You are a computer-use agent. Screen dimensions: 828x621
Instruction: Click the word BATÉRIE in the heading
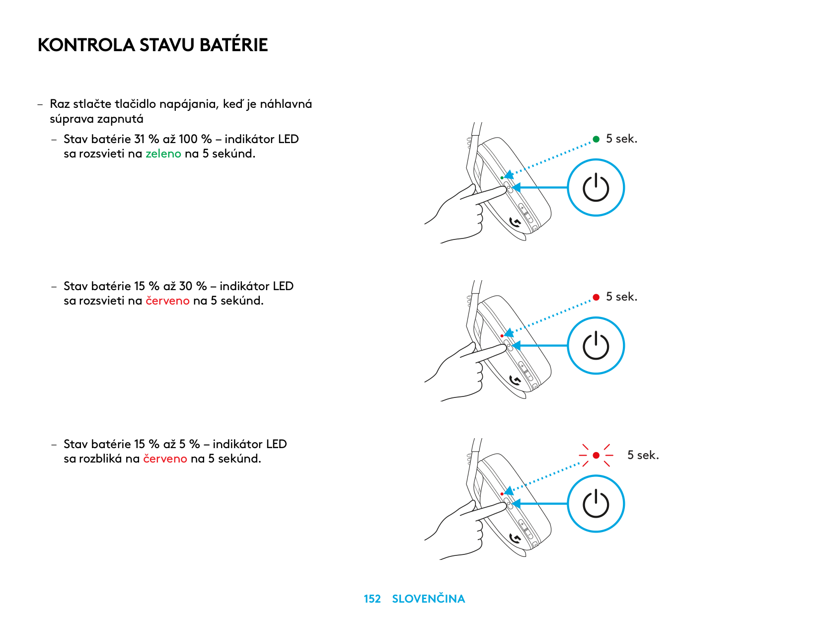click(233, 44)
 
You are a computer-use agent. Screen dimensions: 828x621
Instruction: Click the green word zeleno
click(163, 154)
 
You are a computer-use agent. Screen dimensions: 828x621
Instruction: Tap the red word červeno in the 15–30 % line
click(167, 301)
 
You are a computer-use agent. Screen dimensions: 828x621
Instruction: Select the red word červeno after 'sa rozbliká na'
click(165, 459)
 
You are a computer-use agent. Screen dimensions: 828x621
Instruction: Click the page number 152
click(372, 599)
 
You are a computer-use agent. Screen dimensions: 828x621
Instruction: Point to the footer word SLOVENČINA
click(429, 598)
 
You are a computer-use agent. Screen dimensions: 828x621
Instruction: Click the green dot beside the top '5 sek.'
click(596, 139)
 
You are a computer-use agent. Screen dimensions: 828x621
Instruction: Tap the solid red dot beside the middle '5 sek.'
click(596, 297)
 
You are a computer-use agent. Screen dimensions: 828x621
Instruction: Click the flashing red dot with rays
click(596, 456)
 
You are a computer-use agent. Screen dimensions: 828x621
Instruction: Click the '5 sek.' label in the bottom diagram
click(643, 455)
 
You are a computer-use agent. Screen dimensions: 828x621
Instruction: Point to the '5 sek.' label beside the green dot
click(622, 139)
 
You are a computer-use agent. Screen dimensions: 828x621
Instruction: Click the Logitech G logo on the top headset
click(515, 222)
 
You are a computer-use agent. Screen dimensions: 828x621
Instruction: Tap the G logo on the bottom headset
click(515, 538)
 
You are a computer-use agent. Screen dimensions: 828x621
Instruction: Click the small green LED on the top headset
click(502, 178)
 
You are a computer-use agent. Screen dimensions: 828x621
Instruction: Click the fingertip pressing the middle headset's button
click(503, 347)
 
